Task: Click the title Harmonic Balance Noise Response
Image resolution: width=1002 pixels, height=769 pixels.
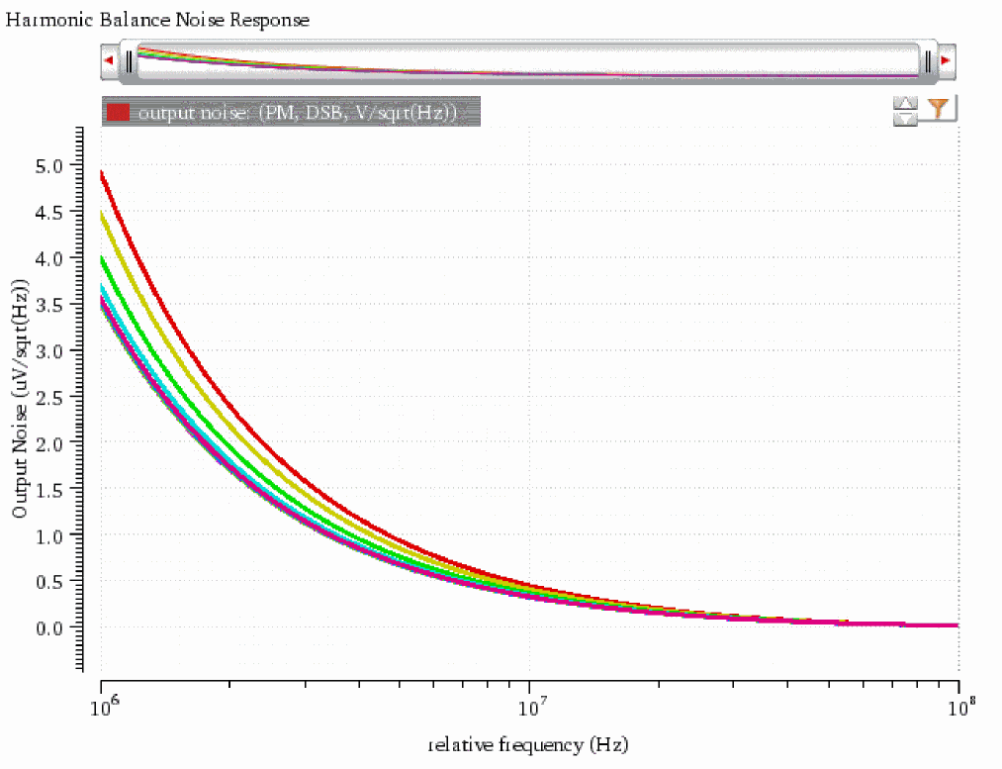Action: coord(158,20)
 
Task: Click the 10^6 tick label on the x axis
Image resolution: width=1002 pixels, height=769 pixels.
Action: coord(102,706)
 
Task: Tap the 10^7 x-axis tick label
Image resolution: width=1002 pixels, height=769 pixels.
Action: coord(530,706)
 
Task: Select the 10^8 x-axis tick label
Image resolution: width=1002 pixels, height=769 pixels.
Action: coord(957,706)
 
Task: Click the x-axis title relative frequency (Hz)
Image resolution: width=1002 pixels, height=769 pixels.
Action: coord(528,743)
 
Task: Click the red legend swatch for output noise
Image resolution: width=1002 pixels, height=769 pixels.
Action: coord(119,112)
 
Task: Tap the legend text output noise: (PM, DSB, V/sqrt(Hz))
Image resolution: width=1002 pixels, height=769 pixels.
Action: coord(298,113)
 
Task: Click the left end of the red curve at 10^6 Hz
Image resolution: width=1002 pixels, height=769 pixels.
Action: coord(103,173)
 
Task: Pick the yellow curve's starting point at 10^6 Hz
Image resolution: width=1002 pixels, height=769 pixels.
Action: coord(103,212)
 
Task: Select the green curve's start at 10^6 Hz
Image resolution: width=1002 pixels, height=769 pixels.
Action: coord(103,258)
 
